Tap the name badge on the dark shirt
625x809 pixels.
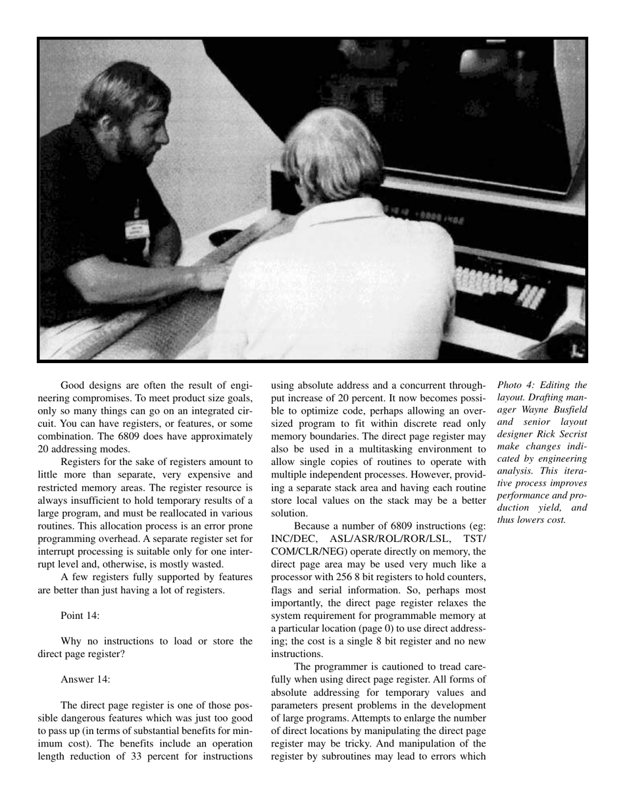137,231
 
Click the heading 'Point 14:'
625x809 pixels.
80,616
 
